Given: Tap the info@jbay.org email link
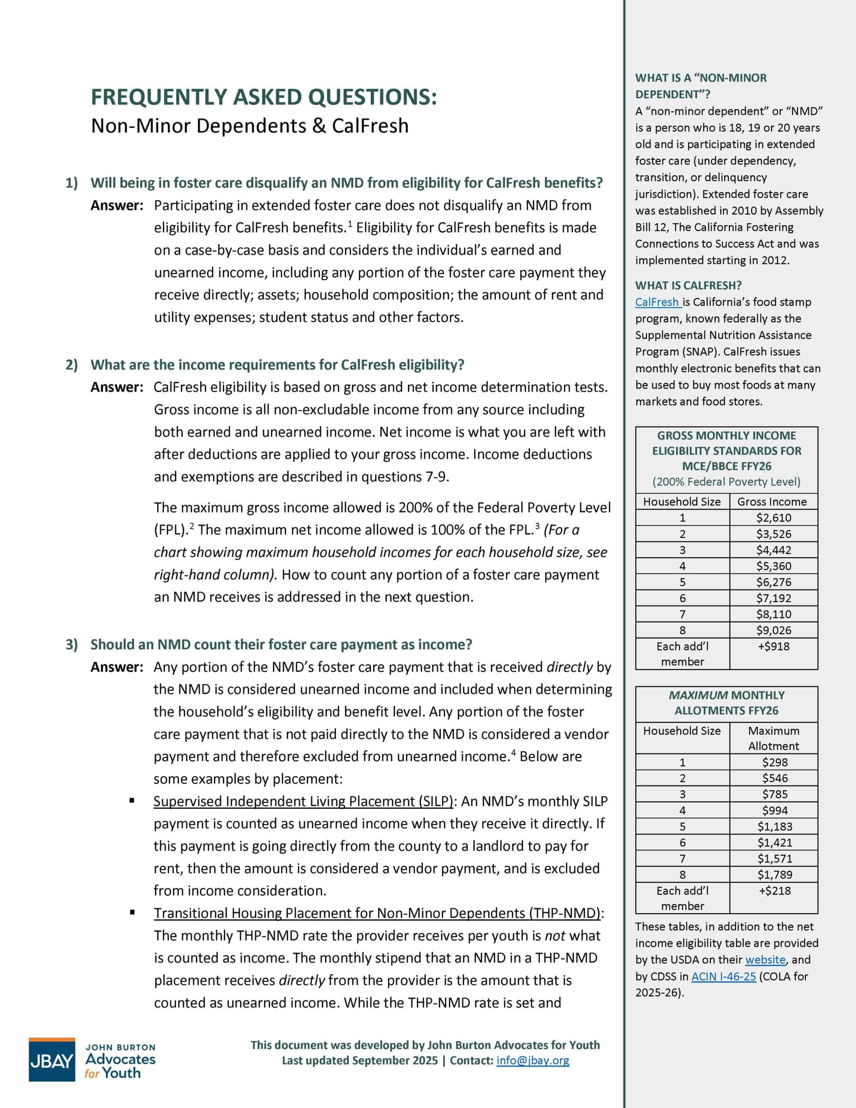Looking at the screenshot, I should pyautogui.click(x=533, y=1060).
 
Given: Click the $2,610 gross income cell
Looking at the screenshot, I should pyautogui.click(x=773, y=518).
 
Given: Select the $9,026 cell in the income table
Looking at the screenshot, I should pyautogui.click(x=773, y=630).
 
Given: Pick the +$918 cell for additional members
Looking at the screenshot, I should pyautogui.click(x=773, y=646).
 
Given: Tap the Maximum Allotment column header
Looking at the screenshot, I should pyautogui.click(x=773, y=738).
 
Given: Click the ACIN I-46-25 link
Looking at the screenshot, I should pyautogui.click(x=724, y=976).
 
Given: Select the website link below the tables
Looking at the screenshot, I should pyautogui.click(x=765, y=960).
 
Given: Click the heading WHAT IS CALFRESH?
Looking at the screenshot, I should pyautogui.click(x=688, y=286).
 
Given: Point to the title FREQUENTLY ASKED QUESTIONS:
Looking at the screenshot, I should pyautogui.click(x=264, y=97).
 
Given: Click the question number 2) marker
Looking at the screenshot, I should pyautogui.click(x=71, y=365).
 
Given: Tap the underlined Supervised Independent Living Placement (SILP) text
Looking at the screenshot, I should pyautogui.click(x=303, y=801).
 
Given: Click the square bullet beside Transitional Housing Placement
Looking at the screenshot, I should pyautogui.click(x=132, y=912).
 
